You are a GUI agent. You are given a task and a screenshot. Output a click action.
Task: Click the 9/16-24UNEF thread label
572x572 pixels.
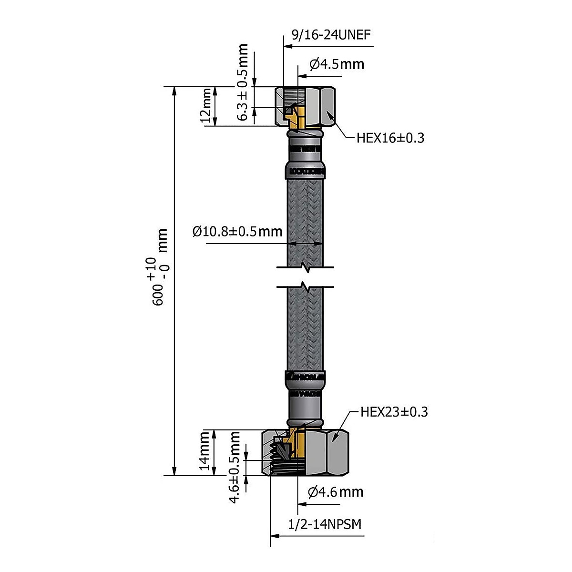(331, 35)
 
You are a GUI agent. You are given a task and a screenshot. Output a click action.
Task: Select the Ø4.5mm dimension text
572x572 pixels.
(337, 63)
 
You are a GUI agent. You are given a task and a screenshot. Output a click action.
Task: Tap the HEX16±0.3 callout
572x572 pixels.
(390, 138)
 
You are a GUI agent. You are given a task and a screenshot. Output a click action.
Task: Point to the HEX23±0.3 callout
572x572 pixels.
(394, 412)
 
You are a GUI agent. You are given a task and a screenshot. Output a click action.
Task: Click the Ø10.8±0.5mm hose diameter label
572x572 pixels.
(237, 232)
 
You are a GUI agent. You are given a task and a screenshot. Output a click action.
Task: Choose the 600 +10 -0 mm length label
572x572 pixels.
(158, 267)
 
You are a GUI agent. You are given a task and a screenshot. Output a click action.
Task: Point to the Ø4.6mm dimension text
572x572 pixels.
(336, 491)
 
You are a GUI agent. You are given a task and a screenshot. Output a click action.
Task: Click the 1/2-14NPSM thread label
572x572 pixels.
(325, 524)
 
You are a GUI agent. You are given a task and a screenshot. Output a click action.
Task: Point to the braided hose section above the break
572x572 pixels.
(306, 214)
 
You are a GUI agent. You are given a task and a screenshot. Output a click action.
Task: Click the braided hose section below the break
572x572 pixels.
(306, 329)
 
